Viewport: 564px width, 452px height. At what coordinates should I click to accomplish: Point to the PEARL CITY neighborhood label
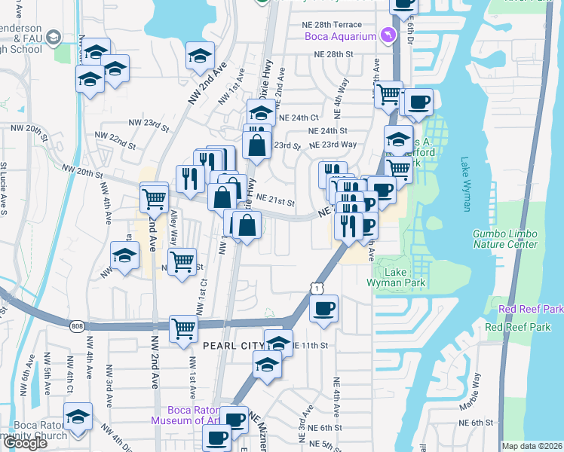tap(232, 346)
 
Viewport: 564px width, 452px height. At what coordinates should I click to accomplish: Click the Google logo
tap(25, 444)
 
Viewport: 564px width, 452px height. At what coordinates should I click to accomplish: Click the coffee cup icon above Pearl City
tap(324, 308)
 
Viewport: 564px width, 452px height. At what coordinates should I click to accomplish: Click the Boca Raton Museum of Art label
tap(184, 415)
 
